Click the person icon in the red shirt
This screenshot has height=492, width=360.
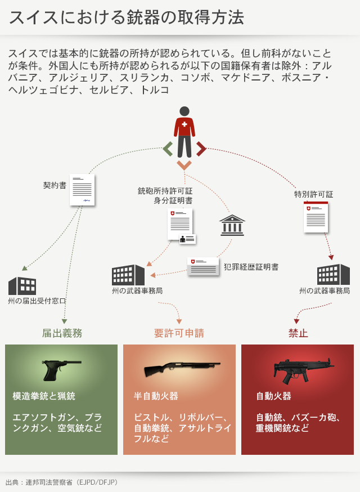coord(184,132)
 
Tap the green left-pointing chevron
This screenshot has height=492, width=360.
coord(168,149)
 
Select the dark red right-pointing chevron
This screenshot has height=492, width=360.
coord(201,149)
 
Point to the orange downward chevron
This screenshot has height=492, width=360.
coord(184,164)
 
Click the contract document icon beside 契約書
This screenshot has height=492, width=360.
coord(82,190)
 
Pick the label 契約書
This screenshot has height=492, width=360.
coord(55,185)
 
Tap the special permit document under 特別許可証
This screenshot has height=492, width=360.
coord(316,217)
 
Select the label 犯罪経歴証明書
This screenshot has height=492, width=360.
coord(251,267)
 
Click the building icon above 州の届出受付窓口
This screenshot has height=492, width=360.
coord(22,285)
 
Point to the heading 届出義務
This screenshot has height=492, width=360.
coord(62,333)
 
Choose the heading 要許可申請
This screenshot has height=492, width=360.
coord(179,333)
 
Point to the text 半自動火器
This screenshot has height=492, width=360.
coord(156,396)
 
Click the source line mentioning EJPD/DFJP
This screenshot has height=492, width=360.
coord(61,482)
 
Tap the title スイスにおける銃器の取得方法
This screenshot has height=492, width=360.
coord(126,17)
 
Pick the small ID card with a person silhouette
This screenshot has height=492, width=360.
coord(187,239)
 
